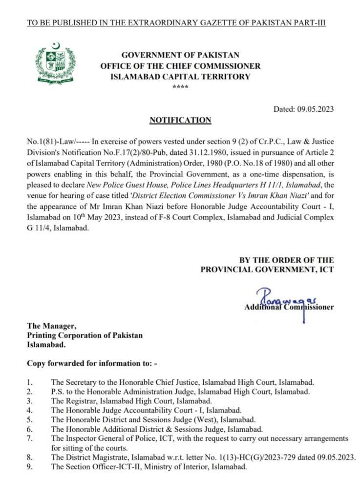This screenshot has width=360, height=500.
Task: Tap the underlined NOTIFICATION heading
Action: pos(180,120)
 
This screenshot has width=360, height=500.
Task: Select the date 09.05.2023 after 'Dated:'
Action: pos(315,109)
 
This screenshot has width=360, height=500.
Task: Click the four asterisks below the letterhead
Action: pos(180,86)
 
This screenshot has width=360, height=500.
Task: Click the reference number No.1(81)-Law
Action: pos(50,141)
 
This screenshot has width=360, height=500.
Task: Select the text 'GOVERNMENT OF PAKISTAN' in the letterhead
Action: pos(180,56)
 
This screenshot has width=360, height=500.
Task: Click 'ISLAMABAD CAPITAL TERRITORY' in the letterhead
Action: pos(180,76)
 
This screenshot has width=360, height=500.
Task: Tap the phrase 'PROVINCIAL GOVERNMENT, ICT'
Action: pos(267,269)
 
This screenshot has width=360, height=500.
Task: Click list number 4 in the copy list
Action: pos(30,411)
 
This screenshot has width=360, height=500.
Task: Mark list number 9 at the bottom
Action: pos(30,466)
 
